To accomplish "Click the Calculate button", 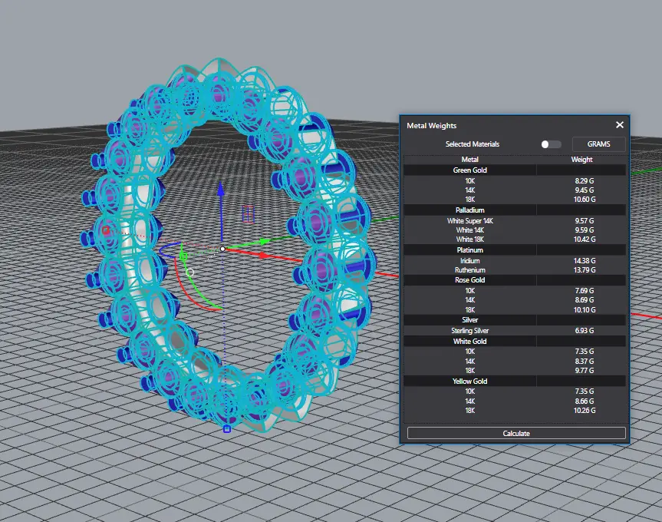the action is (x=516, y=433).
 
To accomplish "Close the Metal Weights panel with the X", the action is (x=619, y=125).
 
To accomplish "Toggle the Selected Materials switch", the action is (x=551, y=144).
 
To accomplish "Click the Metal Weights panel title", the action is (x=431, y=125).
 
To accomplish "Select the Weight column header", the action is (x=581, y=159).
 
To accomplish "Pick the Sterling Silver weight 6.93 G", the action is (x=585, y=331).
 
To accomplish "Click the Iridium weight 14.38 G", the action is (x=585, y=260).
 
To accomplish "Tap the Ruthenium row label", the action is (x=470, y=270).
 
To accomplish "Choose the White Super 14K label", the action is (x=470, y=221).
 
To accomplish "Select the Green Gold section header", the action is (x=470, y=170).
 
